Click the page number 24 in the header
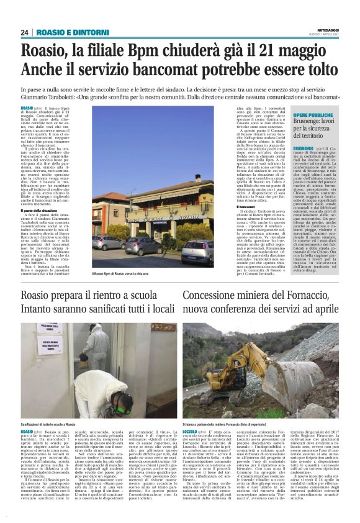(x=25, y=32)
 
